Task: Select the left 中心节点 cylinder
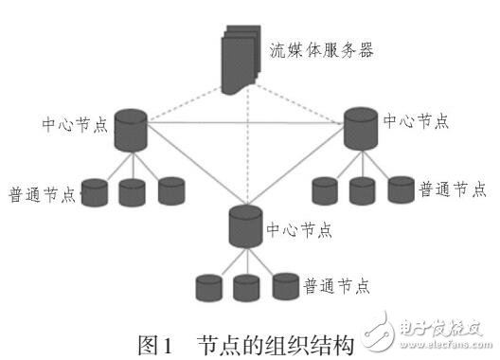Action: click(x=131, y=133)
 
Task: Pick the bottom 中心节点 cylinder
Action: click(x=245, y=224)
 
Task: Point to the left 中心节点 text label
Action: click(x=73, y=122)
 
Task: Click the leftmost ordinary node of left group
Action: click(x=96, y=192)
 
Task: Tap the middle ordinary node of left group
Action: click(x=134, y=192)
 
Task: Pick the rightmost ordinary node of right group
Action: click(x=401, y=189)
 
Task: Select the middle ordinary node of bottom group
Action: click(x=246, y=286)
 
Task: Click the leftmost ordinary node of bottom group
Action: click(x=207, y=287)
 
